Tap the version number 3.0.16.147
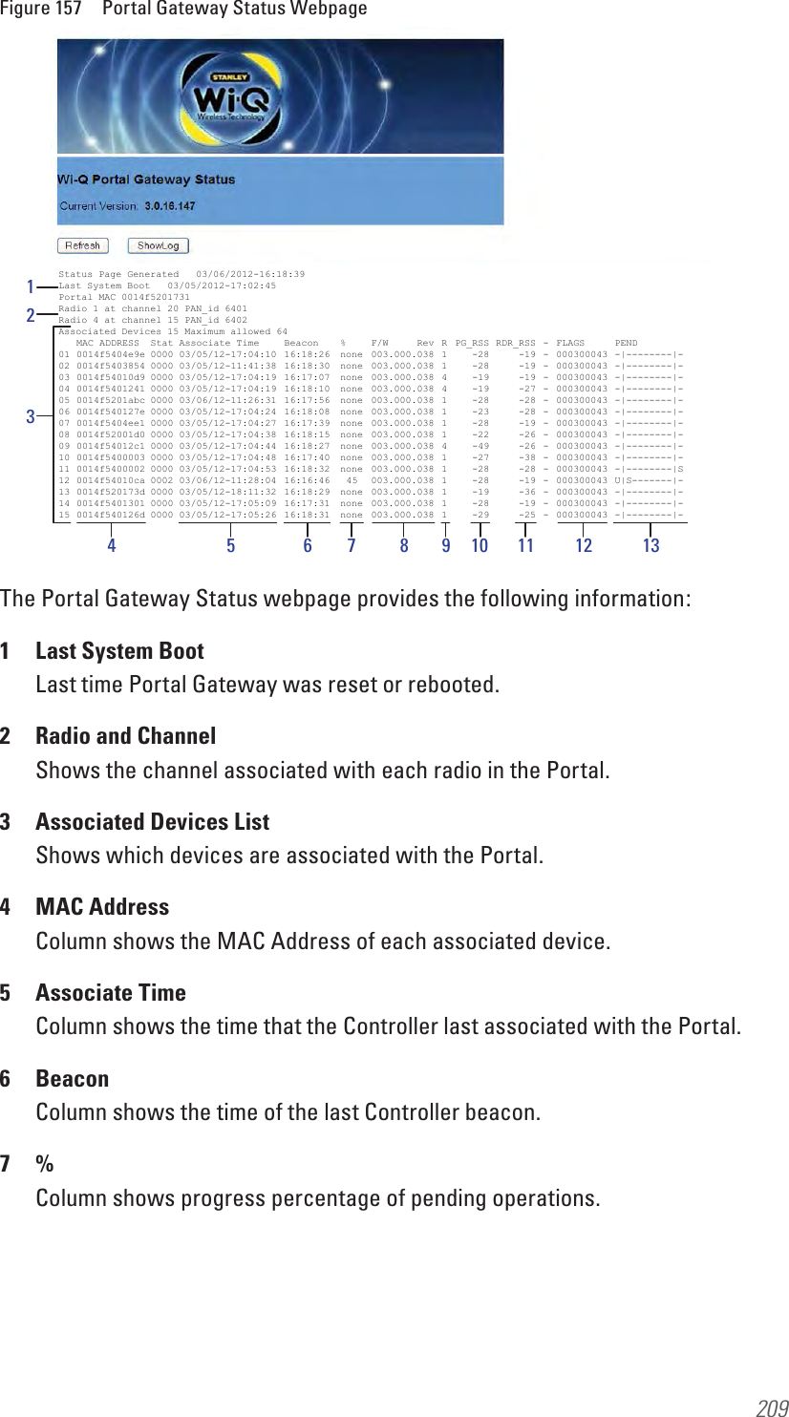coord(170,206)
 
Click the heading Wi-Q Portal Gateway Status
coord(146,180)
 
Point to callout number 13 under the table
coord(650,546)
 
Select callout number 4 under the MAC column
coord(112,546)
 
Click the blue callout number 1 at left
coord(31,286)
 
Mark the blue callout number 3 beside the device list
coord(31,416)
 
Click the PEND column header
coord(627,344)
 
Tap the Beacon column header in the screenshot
coord(302,344)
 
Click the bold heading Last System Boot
coord(119,651)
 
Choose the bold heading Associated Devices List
coord(152,822)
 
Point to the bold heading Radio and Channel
coord(125,736)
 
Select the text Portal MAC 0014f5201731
coord(124,298)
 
